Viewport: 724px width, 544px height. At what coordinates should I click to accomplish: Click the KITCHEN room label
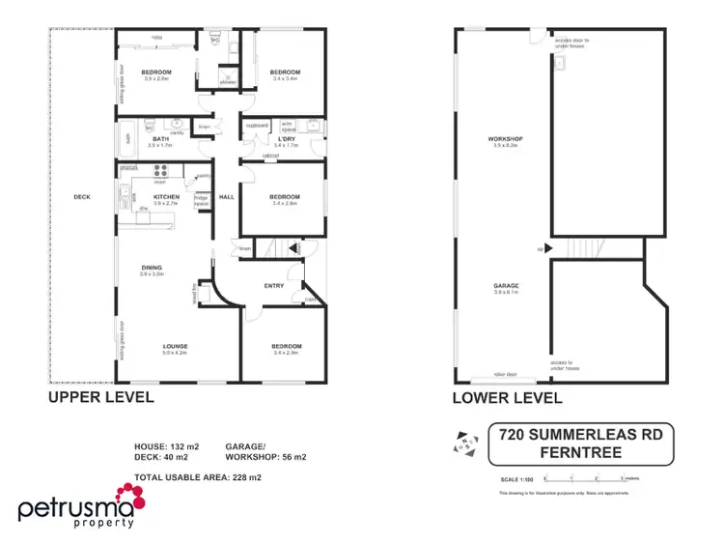pos(166,196)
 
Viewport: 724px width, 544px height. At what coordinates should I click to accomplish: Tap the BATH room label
pos(160,138)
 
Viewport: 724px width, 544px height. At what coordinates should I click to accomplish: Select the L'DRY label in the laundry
pos(286,138)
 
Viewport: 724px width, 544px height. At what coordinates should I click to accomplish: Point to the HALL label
pos(227,196)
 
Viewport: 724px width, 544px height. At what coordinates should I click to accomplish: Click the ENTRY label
pos(274,285)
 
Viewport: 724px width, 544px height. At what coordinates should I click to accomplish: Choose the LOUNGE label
pos(175,346)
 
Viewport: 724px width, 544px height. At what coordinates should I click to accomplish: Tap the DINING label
pos(152,268)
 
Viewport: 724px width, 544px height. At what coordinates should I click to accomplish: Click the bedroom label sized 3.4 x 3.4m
pos(285,72)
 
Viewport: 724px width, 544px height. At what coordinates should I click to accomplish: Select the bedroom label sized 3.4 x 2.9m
pos(286,346)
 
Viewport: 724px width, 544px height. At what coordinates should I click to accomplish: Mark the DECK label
pos(81,197)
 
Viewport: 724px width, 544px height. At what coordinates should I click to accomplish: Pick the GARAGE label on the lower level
pos(506,286)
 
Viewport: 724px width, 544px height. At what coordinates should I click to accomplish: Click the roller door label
pos(505,375)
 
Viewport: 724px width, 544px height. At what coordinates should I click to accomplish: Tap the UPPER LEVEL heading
pos(100,397)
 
